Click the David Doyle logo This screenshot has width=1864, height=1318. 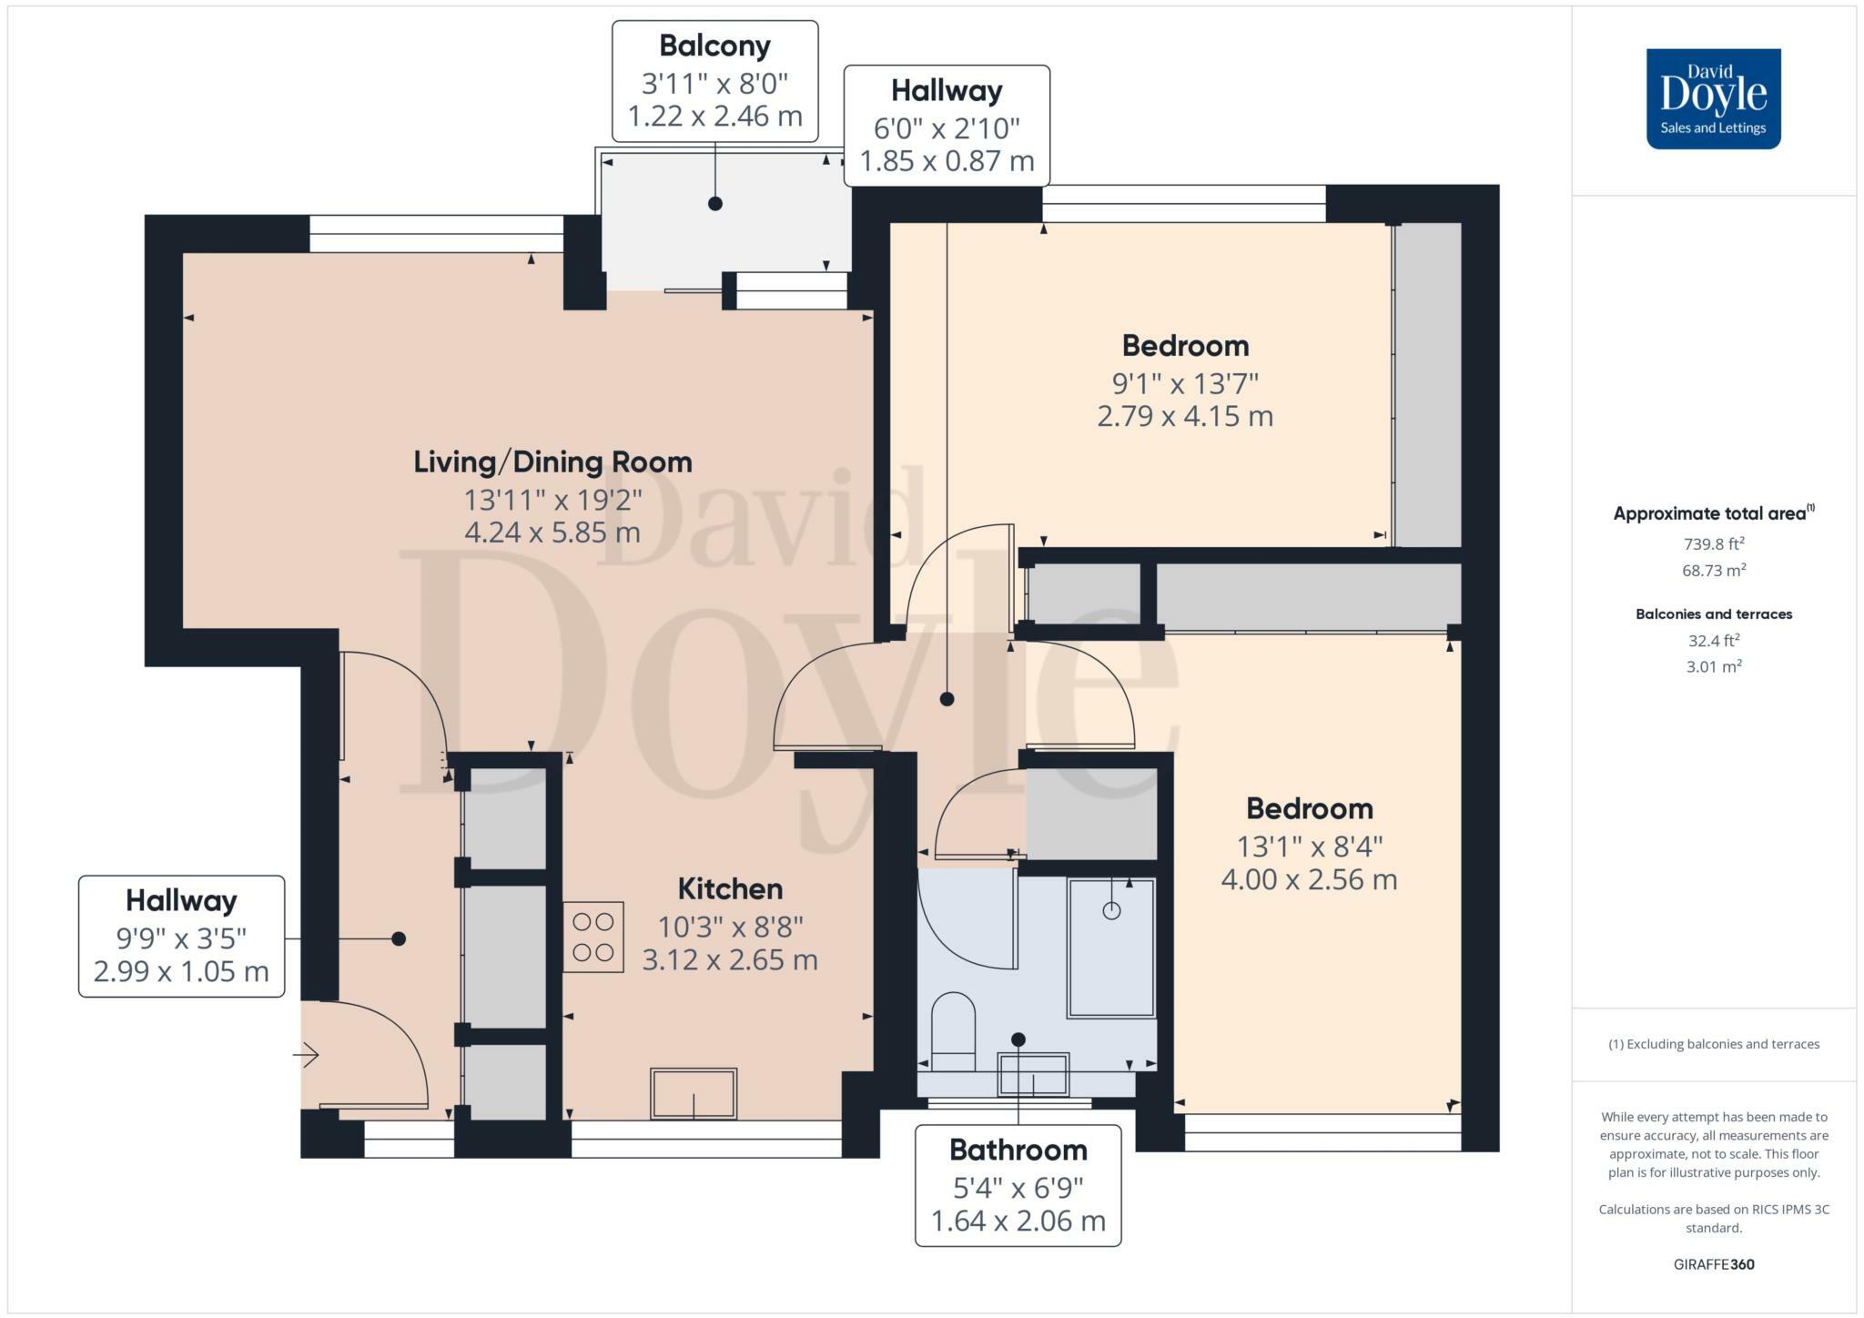tap(1713, 98)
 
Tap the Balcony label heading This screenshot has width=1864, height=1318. tap(714, 46)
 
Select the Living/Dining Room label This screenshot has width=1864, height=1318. tap(552, 462)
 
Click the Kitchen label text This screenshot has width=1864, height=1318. tap(730, 888)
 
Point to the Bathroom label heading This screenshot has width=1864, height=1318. tap(1018, 1150)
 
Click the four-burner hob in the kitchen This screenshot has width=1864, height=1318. tap(593, 937)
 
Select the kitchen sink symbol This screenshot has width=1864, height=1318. tap(694, 1093)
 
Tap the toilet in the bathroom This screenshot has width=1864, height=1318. tap(953, 1032)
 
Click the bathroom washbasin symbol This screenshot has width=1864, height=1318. tap(1033, 1074)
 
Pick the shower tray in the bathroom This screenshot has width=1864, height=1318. tap(1111, 948)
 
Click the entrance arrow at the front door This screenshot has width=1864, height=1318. tap(305, 1055)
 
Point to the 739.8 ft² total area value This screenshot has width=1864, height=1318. tap(1713, 544)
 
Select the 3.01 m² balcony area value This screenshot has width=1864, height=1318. tap(1714, 666)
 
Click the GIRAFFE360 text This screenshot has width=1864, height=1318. tap(1714, 1264)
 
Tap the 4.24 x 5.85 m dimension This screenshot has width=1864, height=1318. tap(552, 532)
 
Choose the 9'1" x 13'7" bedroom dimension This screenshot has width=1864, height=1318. tap(1185, 383)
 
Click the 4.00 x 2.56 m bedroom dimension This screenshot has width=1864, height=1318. tap(1309, 880)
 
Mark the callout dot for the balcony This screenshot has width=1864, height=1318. tap(715, 204)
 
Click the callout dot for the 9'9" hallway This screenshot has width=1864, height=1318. tap(399, 938)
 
